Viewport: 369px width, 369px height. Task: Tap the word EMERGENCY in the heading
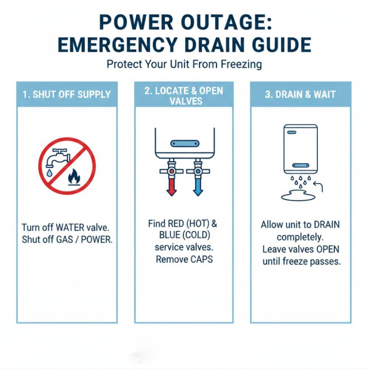coord(117,45)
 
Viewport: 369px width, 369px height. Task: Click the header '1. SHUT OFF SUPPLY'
coord(66,94)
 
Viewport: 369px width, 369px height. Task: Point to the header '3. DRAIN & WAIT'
coord(300,94)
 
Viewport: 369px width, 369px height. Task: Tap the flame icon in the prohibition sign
coord(74,177)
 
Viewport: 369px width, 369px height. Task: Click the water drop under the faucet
coord(49,173)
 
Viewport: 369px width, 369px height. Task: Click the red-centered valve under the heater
coord(172,171)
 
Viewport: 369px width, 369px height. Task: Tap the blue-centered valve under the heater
coord(198,171)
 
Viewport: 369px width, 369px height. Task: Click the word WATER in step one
coord(70,228)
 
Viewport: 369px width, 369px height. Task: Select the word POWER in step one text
coord(97,239)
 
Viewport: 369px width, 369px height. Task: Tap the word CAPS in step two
coord(201,259)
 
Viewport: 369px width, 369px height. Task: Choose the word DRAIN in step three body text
coord(327,224)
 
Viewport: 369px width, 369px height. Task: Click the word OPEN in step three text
coord(328,249)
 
